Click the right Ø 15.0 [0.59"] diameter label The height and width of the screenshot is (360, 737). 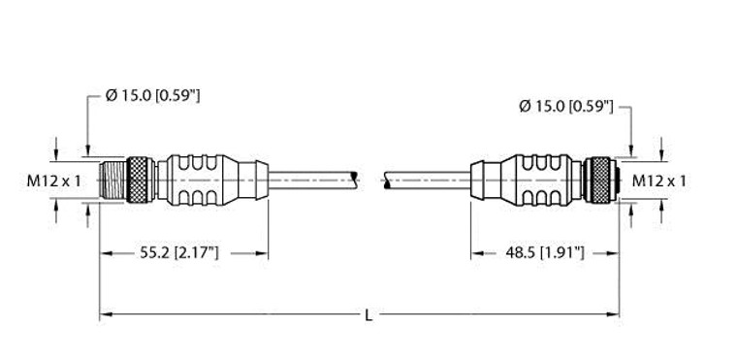pos(565,105)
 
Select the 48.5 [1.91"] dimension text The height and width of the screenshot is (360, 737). pos(544,253)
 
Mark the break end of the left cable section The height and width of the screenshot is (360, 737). pos(358,180)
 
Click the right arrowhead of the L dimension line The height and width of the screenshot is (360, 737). pos(615,313)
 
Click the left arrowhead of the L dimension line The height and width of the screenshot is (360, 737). pos(105,313)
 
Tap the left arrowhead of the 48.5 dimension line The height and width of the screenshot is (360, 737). pos(476,253)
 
